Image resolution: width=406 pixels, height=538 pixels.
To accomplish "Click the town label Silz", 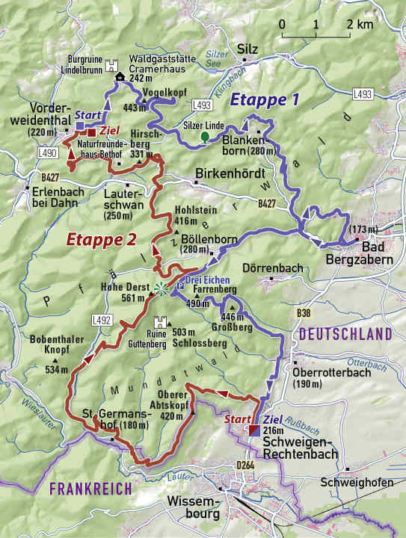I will (247, 49).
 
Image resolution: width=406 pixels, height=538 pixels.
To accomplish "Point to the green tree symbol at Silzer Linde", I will (204, 137).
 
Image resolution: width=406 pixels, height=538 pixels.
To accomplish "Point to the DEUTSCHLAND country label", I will (344, 333).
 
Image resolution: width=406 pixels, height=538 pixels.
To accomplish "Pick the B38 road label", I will (303, 312).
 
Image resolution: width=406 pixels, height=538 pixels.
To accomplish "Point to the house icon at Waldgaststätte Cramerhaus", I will (120, 77).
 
